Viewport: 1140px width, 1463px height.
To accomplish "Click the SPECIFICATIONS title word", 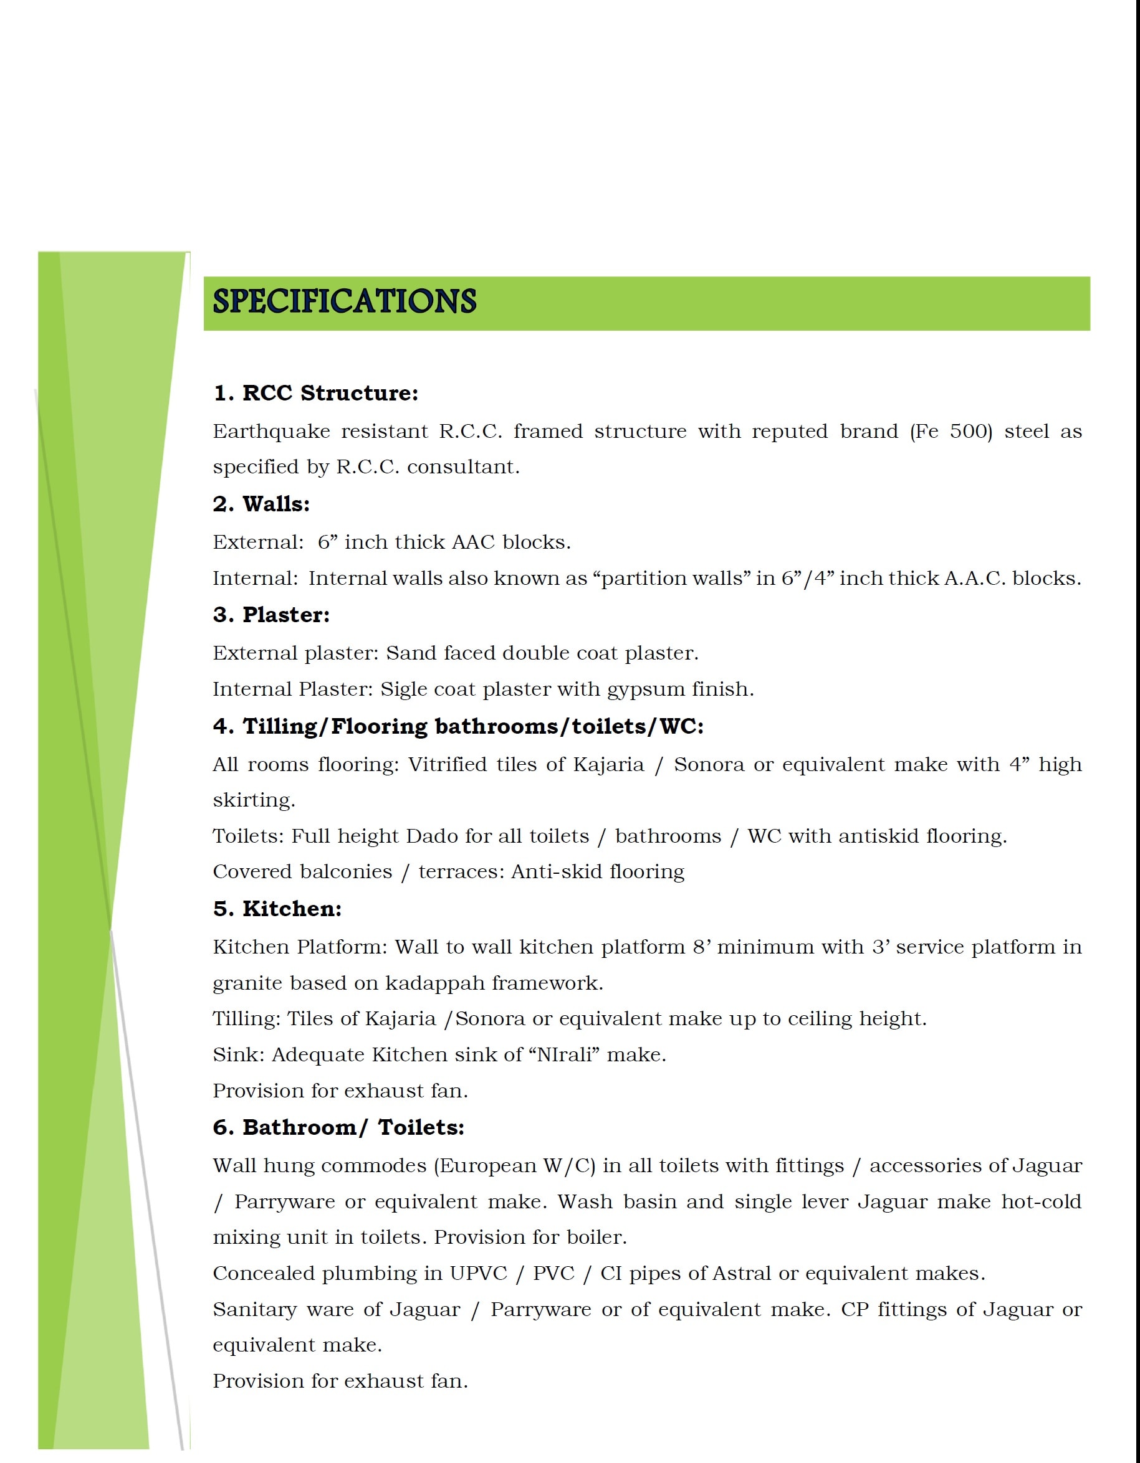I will pos(344,302).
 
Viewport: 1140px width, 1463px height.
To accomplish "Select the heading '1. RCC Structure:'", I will pos(315,393).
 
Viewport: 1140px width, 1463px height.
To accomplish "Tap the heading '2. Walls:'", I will pos(261,504).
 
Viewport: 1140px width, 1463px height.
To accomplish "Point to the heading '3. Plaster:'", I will pos(271,615).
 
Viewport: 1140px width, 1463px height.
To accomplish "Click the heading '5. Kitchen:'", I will pos(277,909).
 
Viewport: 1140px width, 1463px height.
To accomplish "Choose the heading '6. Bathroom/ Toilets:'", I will pos(338,1127).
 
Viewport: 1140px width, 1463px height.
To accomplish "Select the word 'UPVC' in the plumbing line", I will pos(479,1274).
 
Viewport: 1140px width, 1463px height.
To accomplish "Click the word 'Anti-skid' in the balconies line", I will pos(541,872).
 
